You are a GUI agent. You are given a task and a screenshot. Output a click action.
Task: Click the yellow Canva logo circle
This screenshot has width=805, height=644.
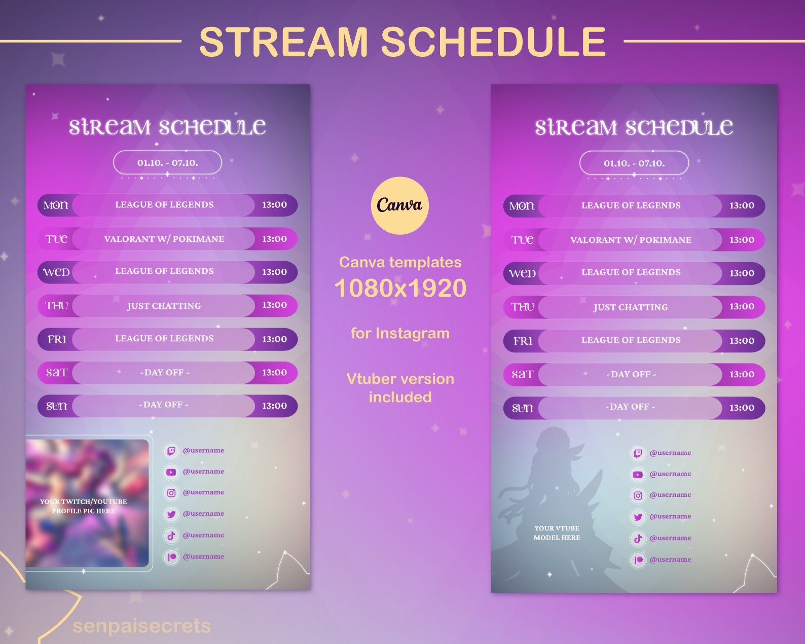[400, 205]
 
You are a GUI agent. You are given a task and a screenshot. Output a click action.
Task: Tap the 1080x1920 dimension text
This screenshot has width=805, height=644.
[400, 288]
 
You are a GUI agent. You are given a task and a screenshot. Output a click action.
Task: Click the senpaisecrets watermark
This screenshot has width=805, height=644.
[141, 626]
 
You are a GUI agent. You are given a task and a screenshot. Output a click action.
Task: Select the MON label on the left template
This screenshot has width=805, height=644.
[56, 205]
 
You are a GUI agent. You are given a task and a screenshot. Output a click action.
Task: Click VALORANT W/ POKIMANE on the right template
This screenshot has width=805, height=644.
[631, 240]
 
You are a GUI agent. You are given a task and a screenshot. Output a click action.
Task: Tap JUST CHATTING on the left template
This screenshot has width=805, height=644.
[164, 306]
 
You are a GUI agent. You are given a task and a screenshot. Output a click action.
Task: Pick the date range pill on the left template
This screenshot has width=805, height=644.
[167, 163]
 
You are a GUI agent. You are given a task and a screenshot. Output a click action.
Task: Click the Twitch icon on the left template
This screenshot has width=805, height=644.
[171, 451]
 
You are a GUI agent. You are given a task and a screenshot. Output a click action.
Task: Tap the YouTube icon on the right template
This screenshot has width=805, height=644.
[638, 475]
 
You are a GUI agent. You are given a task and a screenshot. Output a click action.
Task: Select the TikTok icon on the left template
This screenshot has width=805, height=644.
[171, 535]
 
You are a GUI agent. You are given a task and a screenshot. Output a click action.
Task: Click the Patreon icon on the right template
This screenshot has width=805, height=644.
[638, 560]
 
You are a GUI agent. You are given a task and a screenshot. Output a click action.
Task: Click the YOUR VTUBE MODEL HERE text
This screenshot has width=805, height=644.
[557, 533]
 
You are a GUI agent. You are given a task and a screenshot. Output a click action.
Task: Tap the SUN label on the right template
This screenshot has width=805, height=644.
[522, 408]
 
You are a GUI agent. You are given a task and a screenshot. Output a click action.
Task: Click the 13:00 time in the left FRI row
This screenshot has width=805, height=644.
[274, 339]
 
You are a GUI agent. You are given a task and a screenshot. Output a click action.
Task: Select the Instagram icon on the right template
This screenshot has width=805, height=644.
[638, 496]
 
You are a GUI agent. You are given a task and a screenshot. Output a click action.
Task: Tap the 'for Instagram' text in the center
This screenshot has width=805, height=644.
[400, 333]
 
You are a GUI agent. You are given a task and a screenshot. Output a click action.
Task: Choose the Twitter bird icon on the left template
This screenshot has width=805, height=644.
[171, 514]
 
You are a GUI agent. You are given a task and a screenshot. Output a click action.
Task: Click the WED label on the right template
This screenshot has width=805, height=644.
[522, 274]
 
